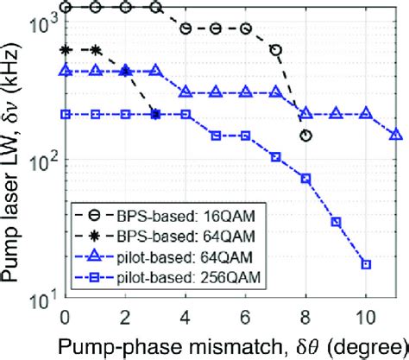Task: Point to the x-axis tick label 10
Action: click(x=366, y=312)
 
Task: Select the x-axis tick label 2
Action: click(x=125, y=312)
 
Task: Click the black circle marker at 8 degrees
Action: click(x=305, y=136)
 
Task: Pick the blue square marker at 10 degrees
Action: click(x=366, y=264)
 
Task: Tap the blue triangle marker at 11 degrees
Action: click(x=396, y=135)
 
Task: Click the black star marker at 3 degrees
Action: click(x=155, y=114)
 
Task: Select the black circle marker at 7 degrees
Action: click(x=275, y=50)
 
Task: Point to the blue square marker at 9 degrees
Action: click(x=336, y=222)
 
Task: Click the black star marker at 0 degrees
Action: click(x=66, y=50)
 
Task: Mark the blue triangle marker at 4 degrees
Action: click(x=186, y=92)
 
